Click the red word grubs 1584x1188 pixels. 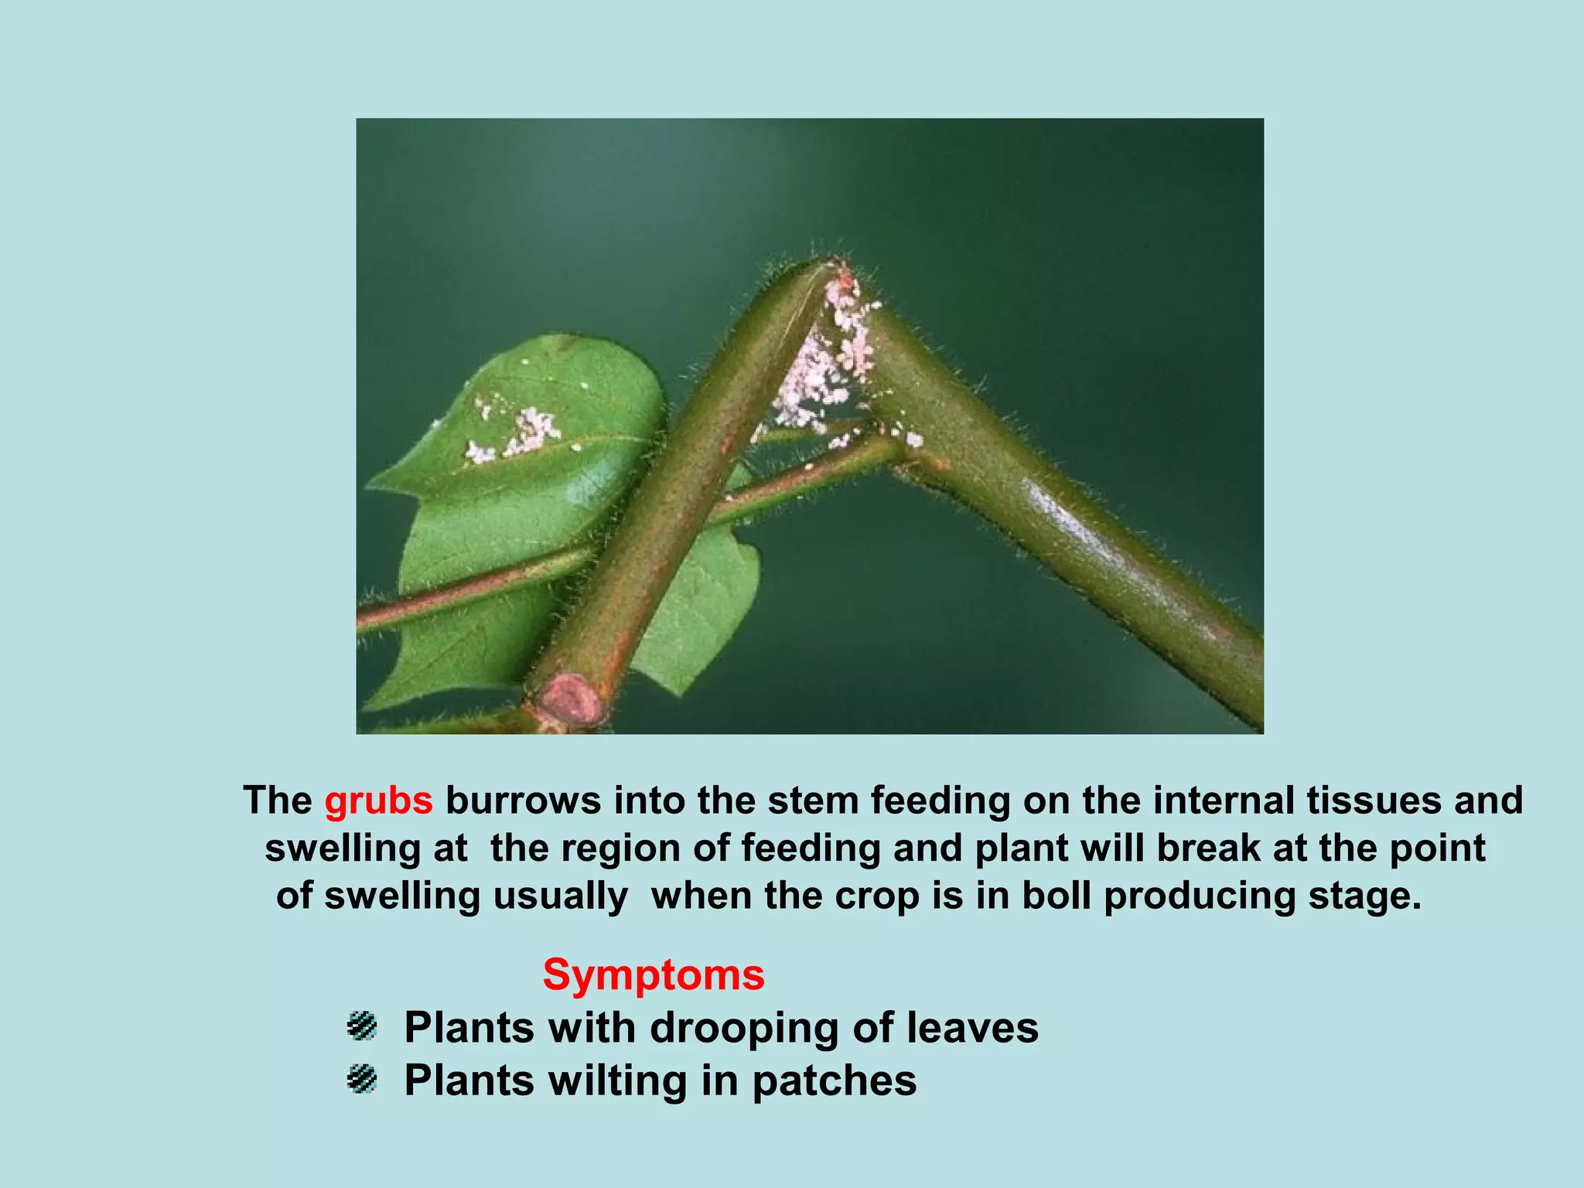coord(378,801)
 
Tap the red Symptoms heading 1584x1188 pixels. coord(654,975)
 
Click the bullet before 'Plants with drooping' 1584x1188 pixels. coord(361,1026)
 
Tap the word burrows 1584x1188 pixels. coord(523,801)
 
